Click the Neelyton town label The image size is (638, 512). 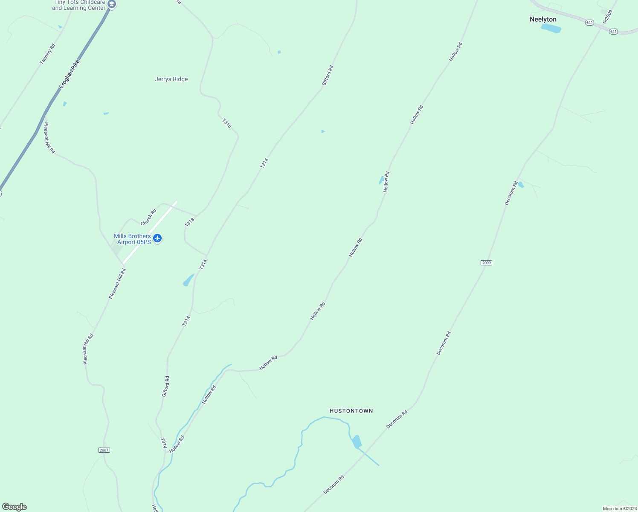543,19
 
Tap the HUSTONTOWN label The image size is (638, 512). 351,411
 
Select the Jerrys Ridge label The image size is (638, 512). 171,79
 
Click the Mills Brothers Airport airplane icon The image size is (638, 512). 158,238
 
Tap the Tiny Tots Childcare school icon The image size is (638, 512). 112,5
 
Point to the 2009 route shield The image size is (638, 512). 486,263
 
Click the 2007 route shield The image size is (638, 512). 104,450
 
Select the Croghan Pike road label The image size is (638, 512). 70,74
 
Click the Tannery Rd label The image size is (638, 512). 47,54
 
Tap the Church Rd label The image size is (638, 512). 148,217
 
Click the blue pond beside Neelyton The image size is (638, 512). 551,29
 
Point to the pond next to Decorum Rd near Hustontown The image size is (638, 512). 357,442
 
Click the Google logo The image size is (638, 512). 14,507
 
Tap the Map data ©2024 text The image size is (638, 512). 619,509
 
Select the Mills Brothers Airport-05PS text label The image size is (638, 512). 132,239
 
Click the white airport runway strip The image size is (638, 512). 149,233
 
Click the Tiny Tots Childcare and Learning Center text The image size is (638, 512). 79,5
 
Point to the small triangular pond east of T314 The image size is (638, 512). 323,131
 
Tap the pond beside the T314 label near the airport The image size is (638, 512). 188,280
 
